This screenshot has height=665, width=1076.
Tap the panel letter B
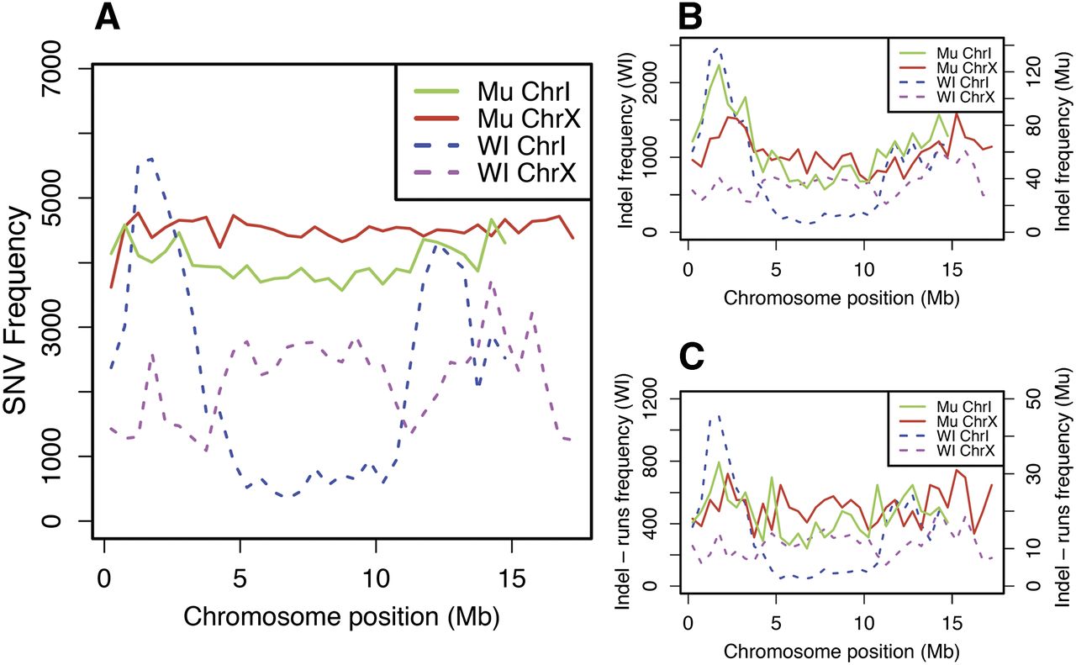tap(691, 17)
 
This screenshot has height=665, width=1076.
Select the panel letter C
tap(692, 357)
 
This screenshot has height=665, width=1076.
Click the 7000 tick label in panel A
tap(52, 68)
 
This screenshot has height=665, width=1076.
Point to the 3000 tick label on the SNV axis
tap(52, 327)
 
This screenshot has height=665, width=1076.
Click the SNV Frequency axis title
tap(15, 311)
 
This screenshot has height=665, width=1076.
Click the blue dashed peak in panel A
tap(151, 159)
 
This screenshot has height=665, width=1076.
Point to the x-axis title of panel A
tap(341, 617)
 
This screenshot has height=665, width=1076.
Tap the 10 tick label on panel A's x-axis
tap(375, 579)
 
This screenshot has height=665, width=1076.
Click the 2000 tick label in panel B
tap(651, 82)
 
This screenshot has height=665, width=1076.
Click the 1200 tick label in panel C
tap(651, 398)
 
